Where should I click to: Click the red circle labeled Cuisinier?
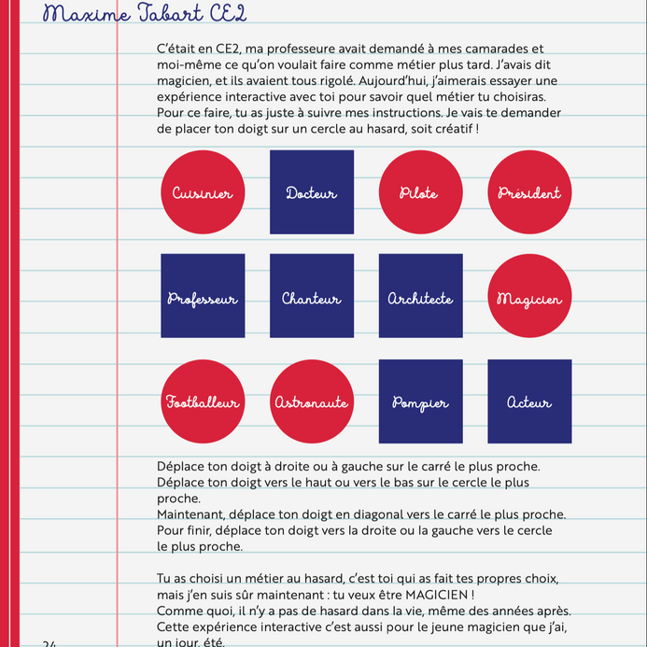[203, 192]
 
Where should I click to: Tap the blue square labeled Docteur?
[312, 192]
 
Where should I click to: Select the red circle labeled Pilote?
[420, 192]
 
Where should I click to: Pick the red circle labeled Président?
[529, 192]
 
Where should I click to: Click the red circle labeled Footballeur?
[203, 401]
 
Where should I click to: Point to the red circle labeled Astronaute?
[312, 401]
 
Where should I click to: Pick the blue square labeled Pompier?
[420, 401]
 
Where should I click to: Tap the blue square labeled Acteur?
[529, 401]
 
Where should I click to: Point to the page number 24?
[49, 643]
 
